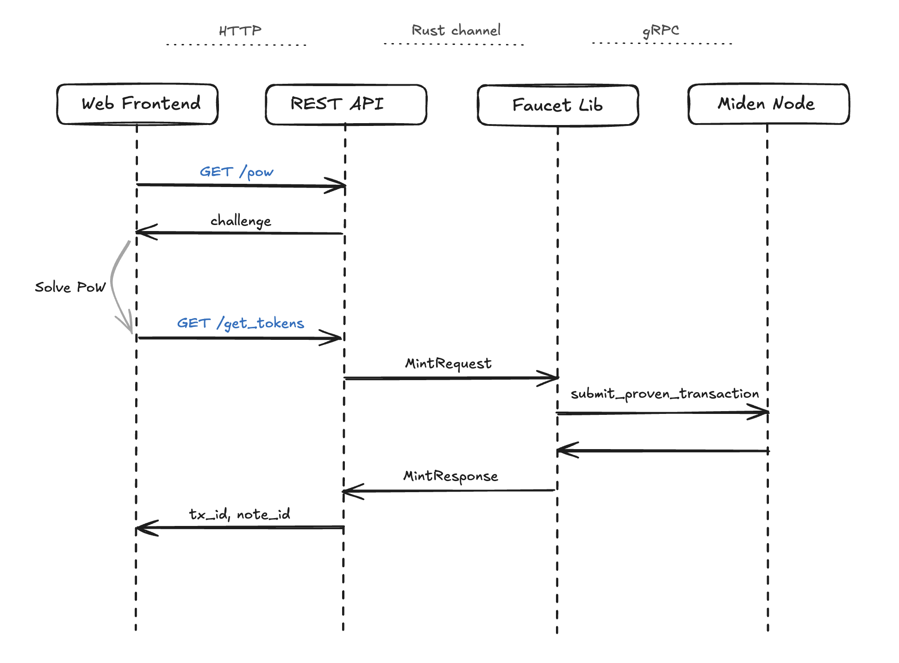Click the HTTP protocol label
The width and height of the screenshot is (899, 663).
coord(240,31)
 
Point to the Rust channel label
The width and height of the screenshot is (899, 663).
coord(456,31)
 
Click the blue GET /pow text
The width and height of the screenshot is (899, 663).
coord(237,172)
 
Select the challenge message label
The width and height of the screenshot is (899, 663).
coord(241,221)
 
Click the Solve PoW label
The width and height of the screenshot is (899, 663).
coord(70,287)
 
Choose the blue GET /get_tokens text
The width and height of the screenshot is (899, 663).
coord(241,323)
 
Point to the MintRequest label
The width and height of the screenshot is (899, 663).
coord(449,363)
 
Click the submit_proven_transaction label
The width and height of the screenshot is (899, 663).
coord(665,394)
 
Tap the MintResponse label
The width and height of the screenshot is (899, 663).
coord(451,476)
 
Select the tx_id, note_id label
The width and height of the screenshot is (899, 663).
coord(240,514)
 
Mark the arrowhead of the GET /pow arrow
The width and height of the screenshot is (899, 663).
coord(345,186)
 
